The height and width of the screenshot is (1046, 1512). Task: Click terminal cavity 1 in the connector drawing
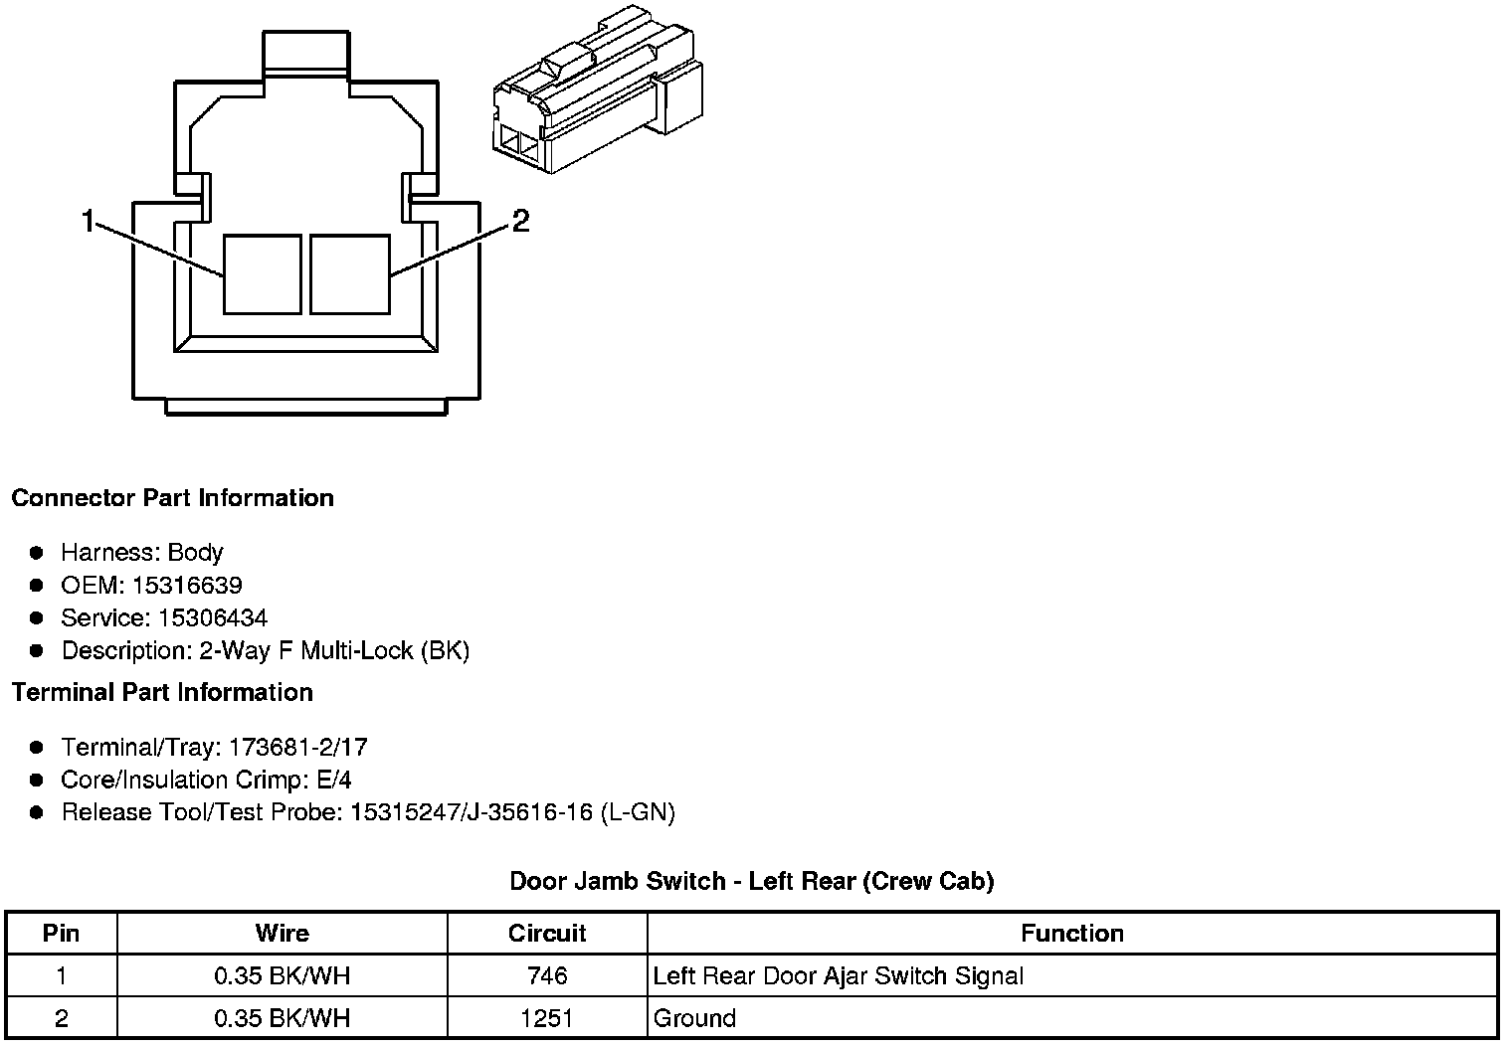(x=262, y=274)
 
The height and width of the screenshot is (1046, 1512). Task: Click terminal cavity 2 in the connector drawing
(x=350, y=274)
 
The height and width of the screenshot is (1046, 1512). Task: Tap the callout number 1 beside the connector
(x=88, y=221)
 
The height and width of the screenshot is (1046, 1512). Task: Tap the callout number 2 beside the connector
(x=520, y=221)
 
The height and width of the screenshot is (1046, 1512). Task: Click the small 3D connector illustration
(x=598, y=89)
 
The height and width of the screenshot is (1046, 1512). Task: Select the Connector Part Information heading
(x=173, y=498)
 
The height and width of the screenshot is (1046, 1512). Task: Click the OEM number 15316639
(x=187, y=585)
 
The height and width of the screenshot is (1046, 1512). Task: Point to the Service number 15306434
(x=213, y=617)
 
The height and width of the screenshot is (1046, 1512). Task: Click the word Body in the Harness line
(x=195, y=553)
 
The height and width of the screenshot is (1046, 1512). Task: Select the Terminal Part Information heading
(x=163, y=692)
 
